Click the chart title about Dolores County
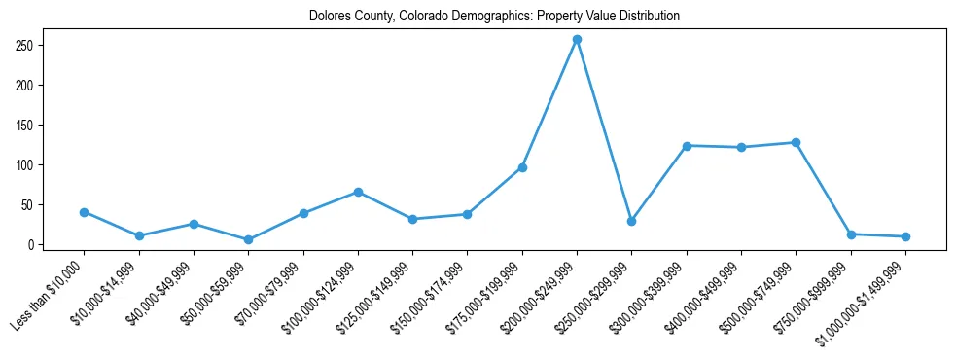tap(494, 16)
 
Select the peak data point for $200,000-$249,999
tap(577, 40)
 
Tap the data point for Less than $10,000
tap(85, 212)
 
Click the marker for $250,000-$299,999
tap(632, 222)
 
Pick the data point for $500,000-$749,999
tap(796, 142)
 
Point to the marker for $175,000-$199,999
tap(522, 167)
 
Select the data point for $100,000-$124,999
tap(358, 192)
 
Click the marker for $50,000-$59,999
tap(249, 239)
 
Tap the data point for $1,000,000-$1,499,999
tap(905, 236)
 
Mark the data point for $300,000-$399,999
tap(687, 146)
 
